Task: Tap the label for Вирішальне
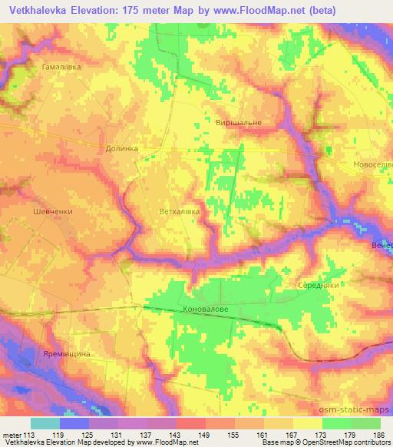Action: click(x=239, y=123)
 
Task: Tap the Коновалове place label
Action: click(x=206, y=310)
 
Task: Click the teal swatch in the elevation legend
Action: click(x=45, y=423)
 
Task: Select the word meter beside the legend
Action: click(x=12, y=435)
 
